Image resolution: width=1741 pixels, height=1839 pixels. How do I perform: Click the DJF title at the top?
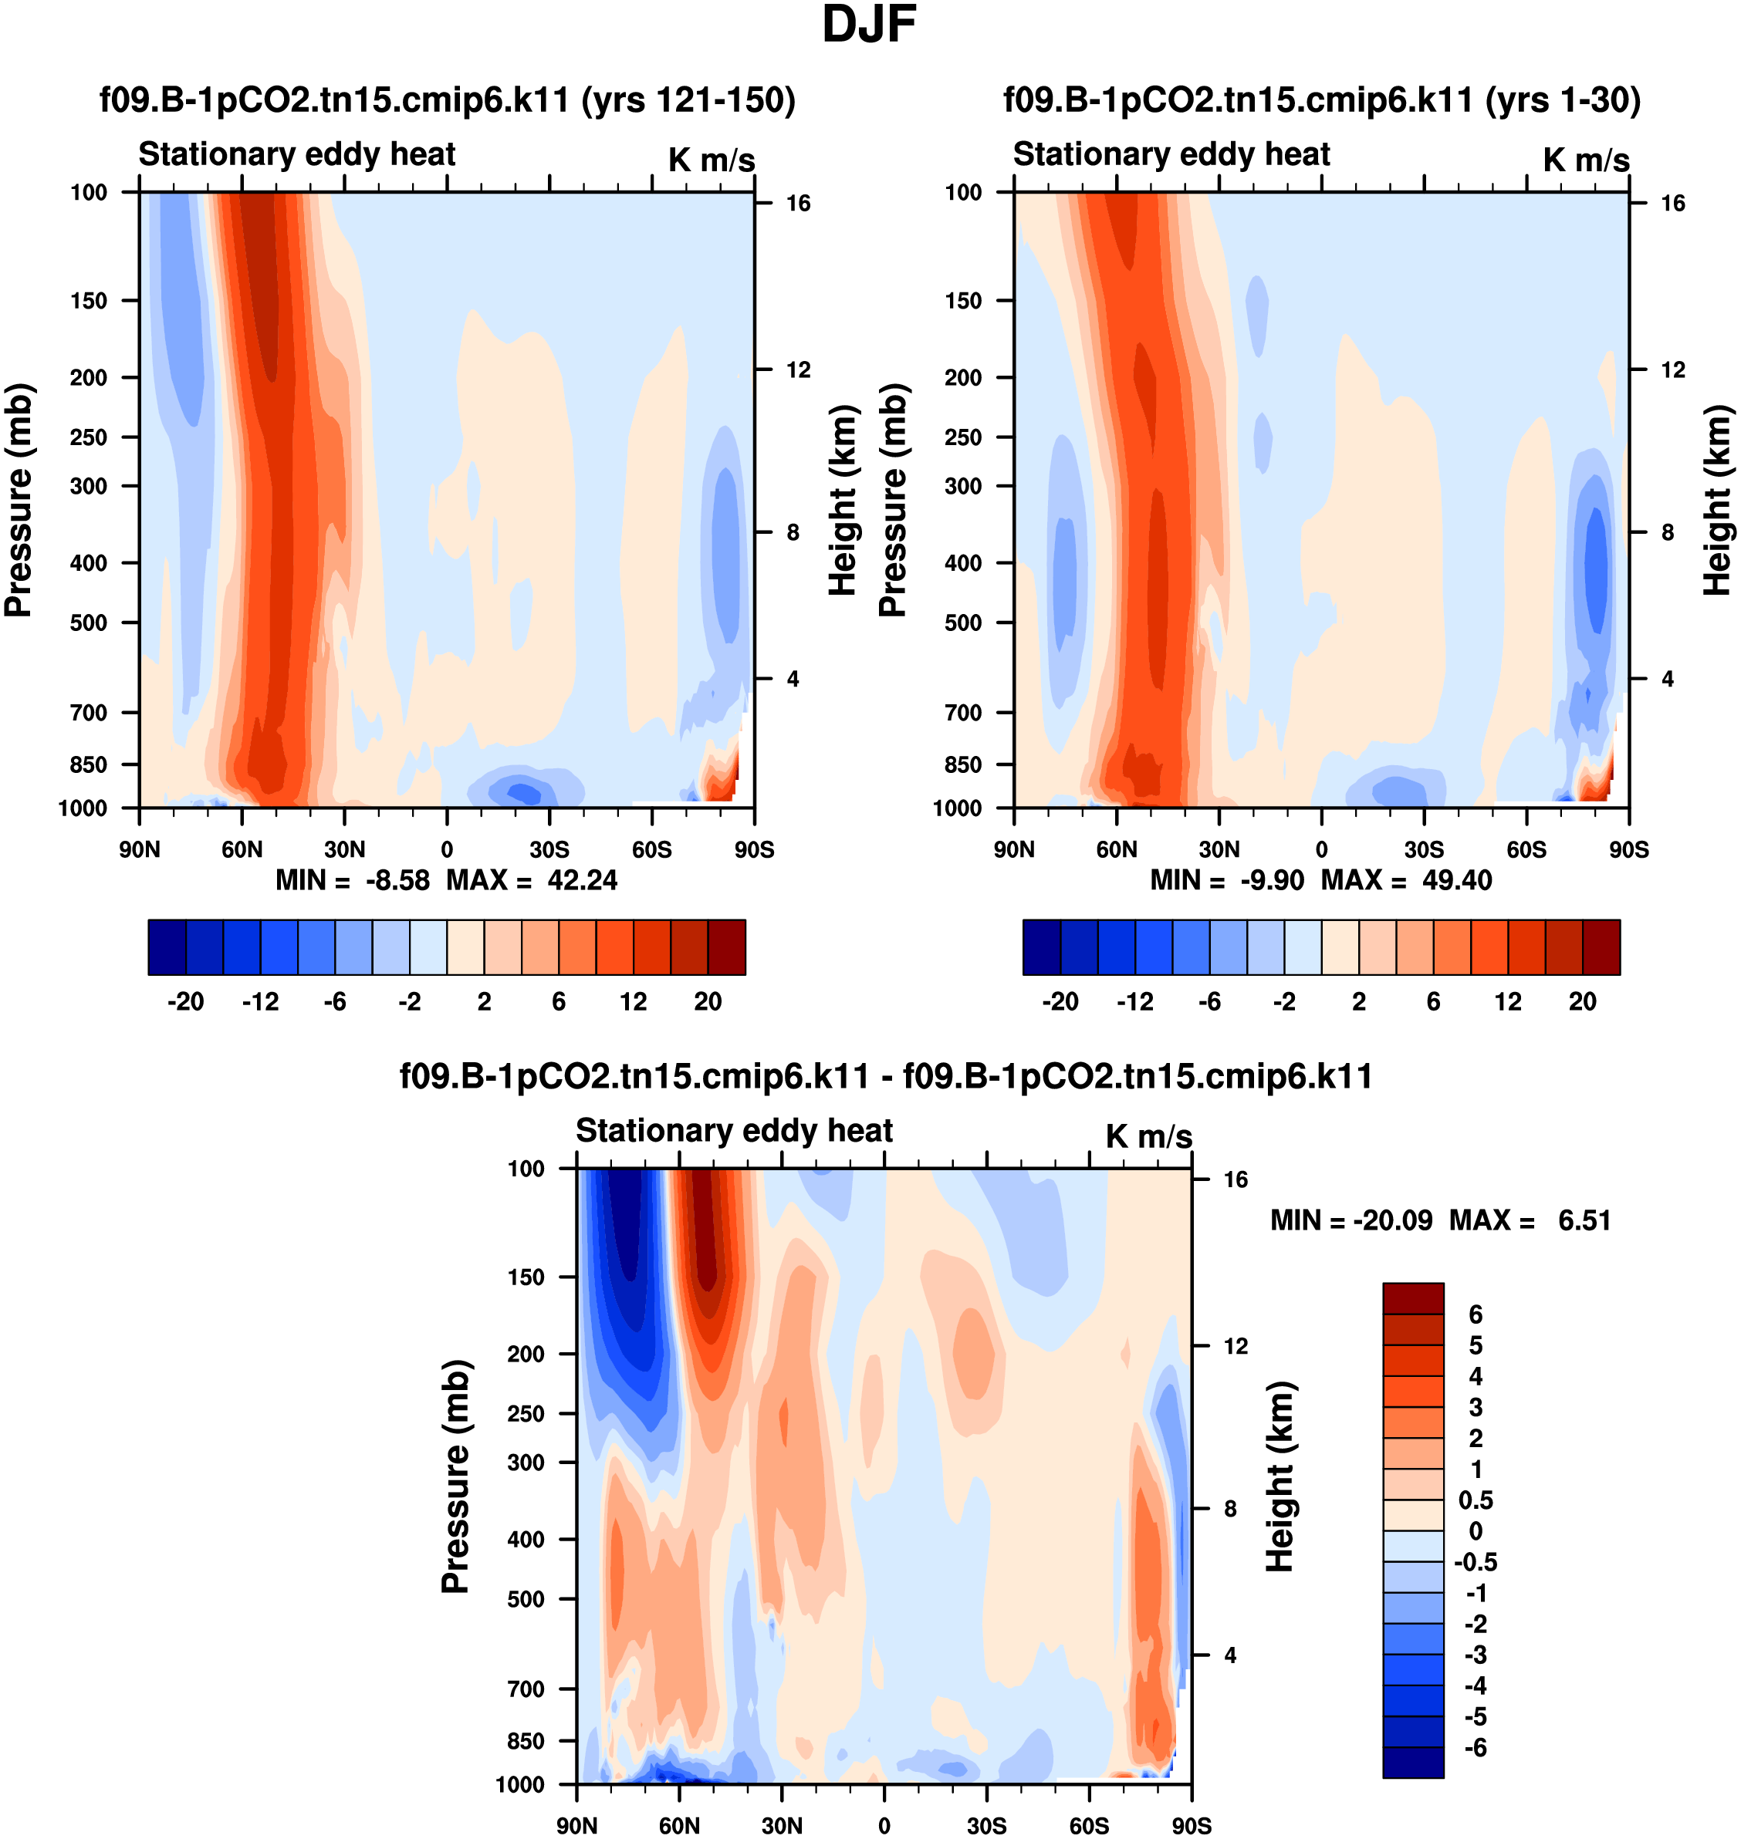point(869,25)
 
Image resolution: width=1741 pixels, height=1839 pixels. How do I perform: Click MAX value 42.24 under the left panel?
point(581,879)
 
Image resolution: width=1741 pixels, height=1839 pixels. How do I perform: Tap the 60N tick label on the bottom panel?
point(679,1825)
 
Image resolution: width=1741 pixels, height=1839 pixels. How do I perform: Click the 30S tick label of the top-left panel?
point(549,849)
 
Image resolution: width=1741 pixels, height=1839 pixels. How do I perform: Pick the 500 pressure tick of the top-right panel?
point(963,623)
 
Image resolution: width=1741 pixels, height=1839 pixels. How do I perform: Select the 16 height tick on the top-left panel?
point(798,203)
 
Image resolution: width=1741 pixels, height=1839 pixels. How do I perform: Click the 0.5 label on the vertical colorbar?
point(1476,1500)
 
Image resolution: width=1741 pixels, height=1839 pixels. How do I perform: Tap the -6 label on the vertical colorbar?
point(1476,1747)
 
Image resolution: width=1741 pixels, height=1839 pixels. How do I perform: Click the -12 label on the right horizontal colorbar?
point(1135,1001)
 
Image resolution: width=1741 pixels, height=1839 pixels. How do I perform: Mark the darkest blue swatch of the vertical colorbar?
point(1412,1762)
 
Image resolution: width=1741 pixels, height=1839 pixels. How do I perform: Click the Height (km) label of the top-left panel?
point(842,501)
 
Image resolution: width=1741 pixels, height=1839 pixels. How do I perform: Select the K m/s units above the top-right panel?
point(1586,160)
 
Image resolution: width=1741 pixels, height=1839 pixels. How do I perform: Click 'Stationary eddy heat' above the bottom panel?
point(733,1130)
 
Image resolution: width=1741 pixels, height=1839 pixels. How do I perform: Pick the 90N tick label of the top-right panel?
point(1013,849)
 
